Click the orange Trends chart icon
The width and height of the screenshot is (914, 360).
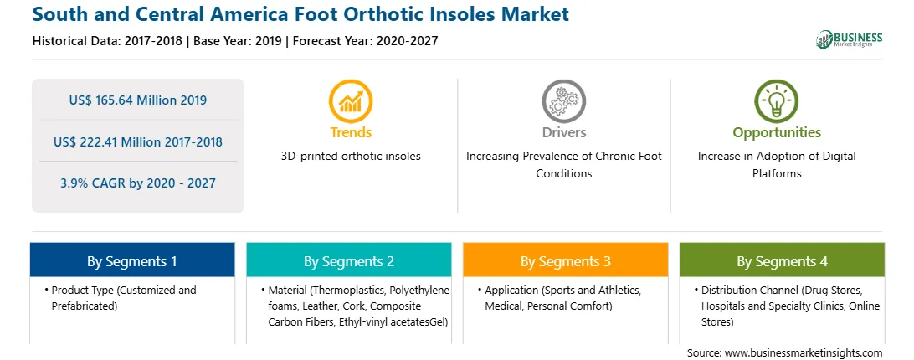[351, 101]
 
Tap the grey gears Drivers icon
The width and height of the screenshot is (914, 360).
[563, 101]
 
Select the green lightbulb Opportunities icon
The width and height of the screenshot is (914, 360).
[777, 101]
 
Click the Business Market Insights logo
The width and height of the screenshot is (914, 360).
[850, 39]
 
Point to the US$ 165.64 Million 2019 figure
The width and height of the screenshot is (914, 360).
[137, 100]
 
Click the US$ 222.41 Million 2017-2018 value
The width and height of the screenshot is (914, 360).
[137, 141]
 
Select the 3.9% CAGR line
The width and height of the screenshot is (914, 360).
[137, 183]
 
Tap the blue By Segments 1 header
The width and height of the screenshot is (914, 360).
[131, 260]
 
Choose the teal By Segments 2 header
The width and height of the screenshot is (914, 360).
[348, 260]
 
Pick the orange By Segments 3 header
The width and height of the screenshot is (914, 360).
[566, 260]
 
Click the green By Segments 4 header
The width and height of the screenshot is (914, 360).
[783, 260]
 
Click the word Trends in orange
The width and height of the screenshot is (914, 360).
[351, 132]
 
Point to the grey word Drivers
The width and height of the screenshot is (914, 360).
[564, 132]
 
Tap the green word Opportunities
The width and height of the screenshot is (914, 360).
[777, 133]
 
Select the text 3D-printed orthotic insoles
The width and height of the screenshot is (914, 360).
[351, 157]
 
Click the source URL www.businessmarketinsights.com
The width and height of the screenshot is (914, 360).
[804, 353]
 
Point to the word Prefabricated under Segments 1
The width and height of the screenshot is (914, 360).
[85, 306]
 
